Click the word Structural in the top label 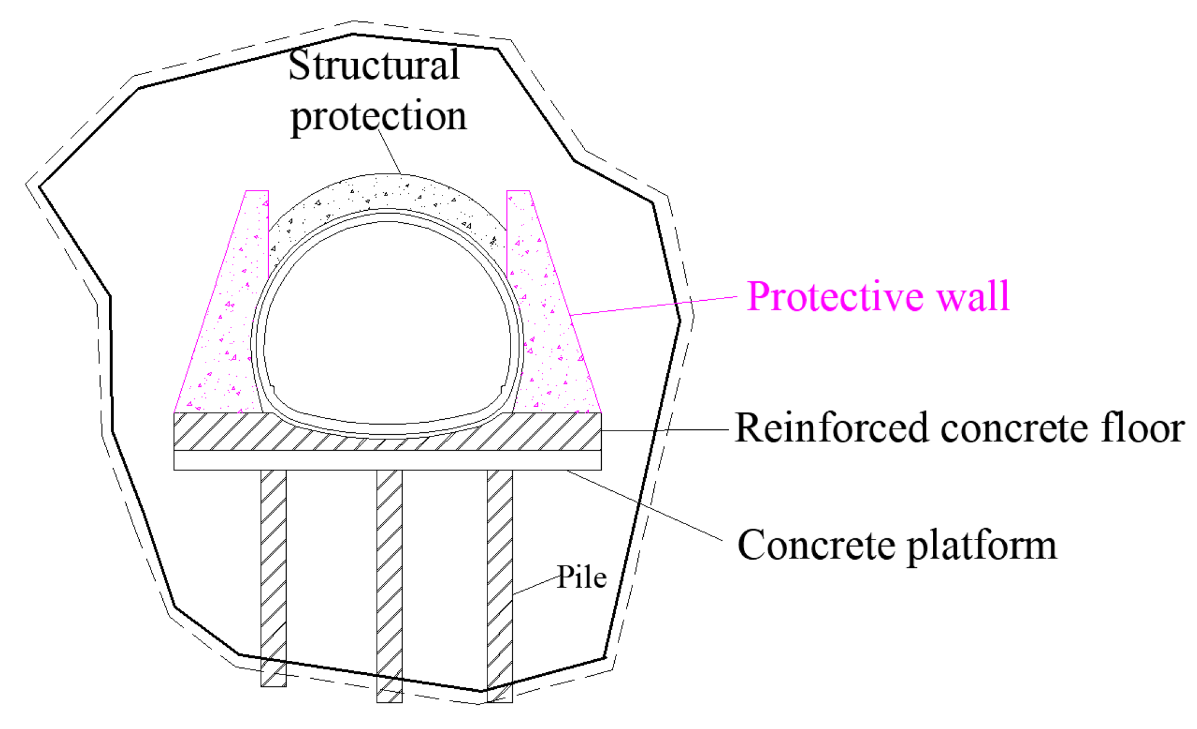tap(374, 65)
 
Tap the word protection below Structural tap(378, 116)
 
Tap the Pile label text tap(582, 577)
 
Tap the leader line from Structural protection tap(390, 152)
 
